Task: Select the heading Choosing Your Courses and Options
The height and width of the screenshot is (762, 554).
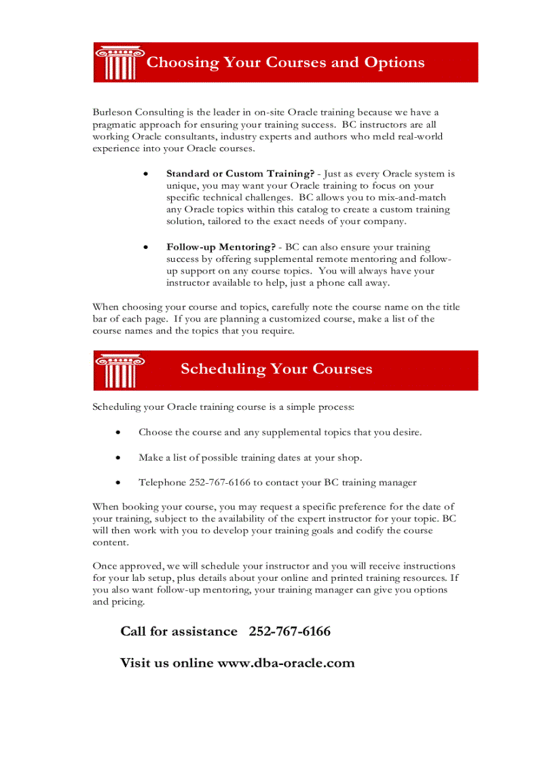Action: pyautogui.click(x=285, y=62)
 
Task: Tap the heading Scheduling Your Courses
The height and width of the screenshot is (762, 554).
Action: pyautogui.click(x=276, y=369)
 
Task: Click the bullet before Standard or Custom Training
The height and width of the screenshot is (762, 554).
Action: pyautogui.click(x=146, y=174)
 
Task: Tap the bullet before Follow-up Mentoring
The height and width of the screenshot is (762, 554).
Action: pyautogui.click(x=146, y=248)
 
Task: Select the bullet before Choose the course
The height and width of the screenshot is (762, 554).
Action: pyautogui.click(x=119, y=432)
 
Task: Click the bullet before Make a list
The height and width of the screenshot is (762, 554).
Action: pyautogui.click(x=119, y=458)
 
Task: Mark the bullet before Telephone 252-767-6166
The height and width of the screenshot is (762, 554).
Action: pyautogui.click(x=119, y=483)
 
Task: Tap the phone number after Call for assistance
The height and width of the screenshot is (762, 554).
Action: pyautogui.click(x=290, y=632)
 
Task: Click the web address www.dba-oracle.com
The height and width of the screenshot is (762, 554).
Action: pyautogui.click(x=285, y=663)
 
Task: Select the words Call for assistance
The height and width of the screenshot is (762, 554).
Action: pyautogui.click(x=179, y=632)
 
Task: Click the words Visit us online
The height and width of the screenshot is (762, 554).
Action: pyautogui.click(x=166, y=663)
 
